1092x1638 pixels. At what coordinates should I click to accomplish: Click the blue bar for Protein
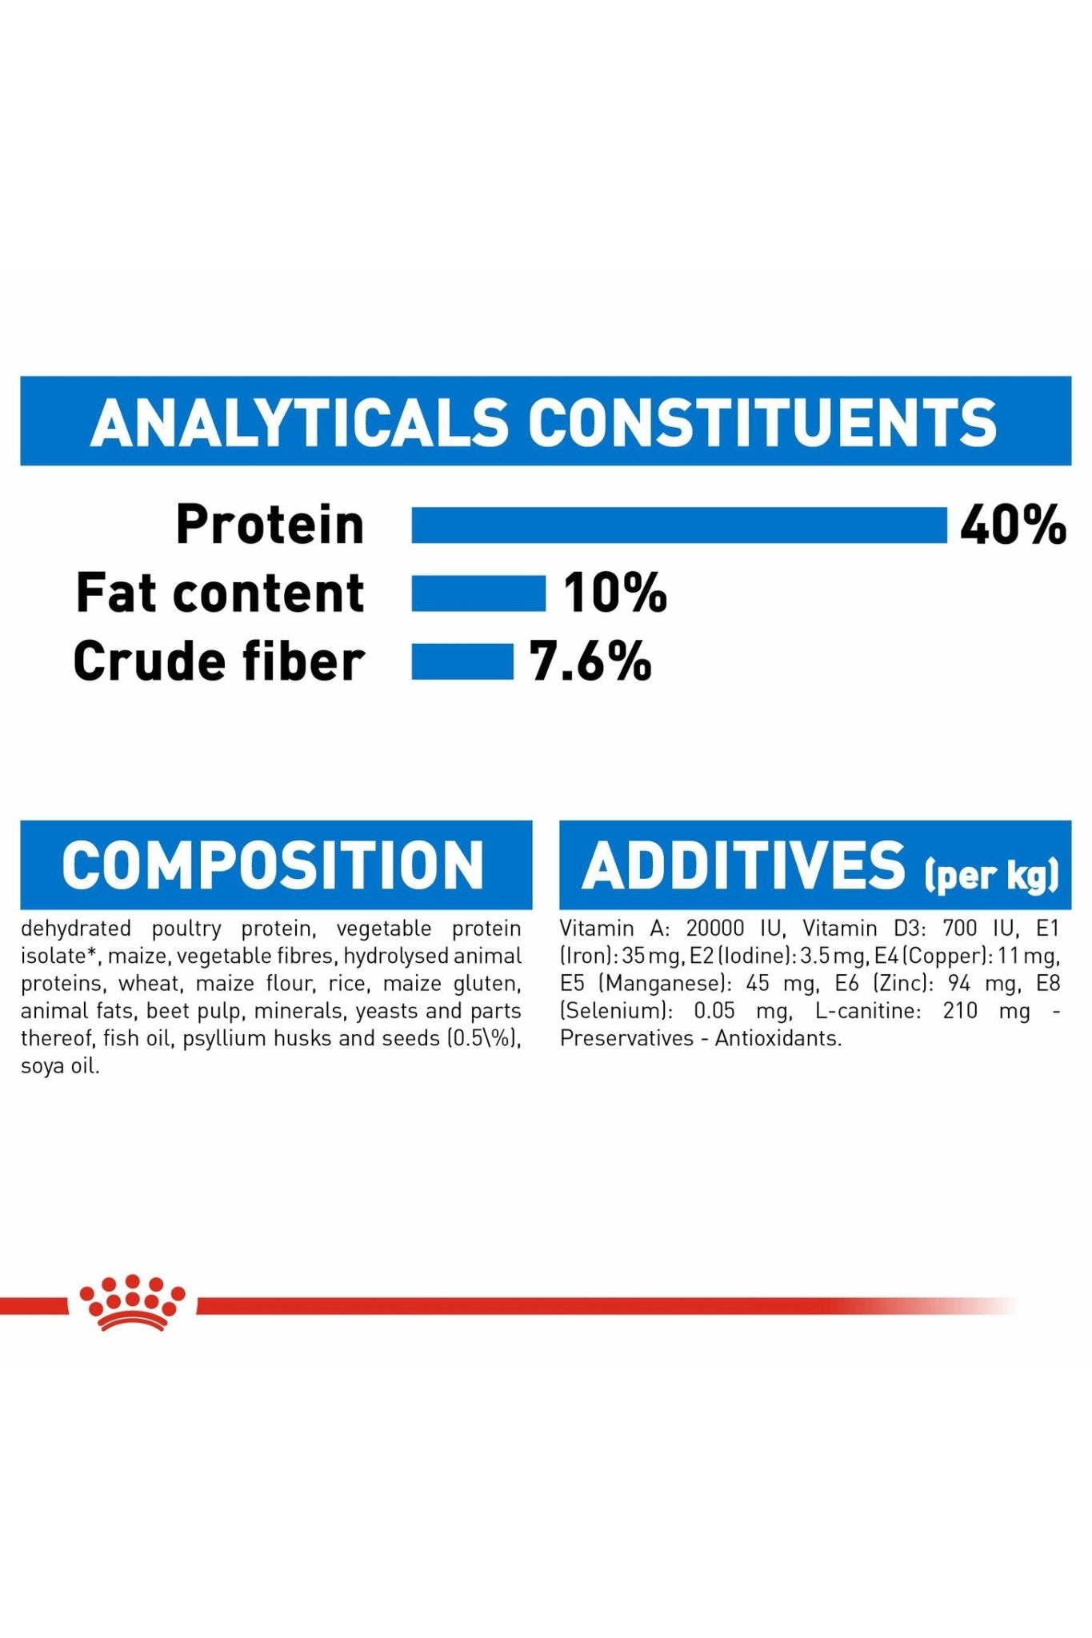[x=679, y=525]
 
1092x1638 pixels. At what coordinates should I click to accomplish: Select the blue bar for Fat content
[x=478, y=593]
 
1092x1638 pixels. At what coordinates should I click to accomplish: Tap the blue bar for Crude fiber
[x=462, y=661]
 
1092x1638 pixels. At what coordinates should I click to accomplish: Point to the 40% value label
[x=1013, y=525]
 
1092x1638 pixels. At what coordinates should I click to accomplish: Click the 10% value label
[x=614, y=593]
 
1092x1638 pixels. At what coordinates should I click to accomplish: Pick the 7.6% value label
[x=590, y=661]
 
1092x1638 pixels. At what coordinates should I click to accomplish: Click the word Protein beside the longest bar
[x=270, y=525]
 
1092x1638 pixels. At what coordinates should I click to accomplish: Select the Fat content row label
[x=220, y=593]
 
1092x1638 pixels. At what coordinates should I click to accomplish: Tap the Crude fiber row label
[x=218, y=661]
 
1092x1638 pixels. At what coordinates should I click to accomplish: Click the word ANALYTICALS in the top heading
[x=299, y=421]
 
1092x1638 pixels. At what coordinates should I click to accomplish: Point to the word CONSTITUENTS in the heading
[x=762, y=421]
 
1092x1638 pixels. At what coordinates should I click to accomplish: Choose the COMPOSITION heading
[x=273, y=865]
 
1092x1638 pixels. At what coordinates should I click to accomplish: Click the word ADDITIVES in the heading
[x=744, y=865]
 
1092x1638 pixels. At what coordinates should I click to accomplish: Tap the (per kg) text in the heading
[x=992, y=874]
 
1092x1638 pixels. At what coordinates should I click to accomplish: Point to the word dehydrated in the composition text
[x=76, y=929]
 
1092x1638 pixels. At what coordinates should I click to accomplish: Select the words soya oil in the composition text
[x=60, y=1066]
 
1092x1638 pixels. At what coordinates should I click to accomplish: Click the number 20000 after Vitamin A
[x=714, y=929]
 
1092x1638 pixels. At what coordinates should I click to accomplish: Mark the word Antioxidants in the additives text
[x=778, y=1039]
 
